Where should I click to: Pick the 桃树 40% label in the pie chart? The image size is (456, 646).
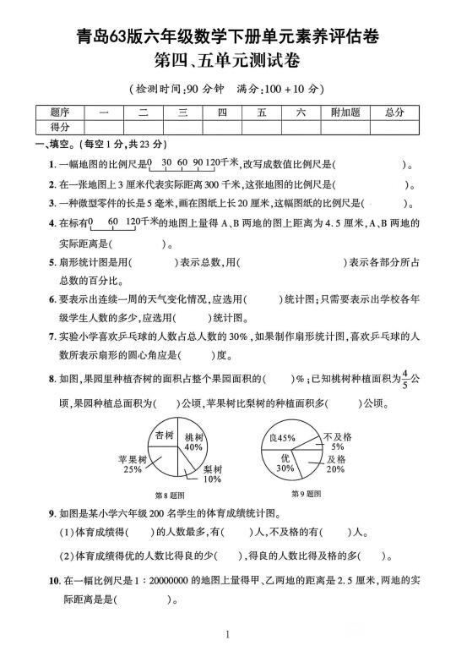(x=194, y=441)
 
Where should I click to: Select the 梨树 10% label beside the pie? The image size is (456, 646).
(x=212, y=474)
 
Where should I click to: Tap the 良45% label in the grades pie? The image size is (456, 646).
(x=283, y=438)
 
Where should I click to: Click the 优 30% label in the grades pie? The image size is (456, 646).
(x=285, y=462)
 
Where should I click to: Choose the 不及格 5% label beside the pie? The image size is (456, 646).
(x=337, y=441)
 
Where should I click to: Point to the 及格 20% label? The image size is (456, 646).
(x=335, y=463)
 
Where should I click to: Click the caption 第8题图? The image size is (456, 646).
(x=170, y=494)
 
